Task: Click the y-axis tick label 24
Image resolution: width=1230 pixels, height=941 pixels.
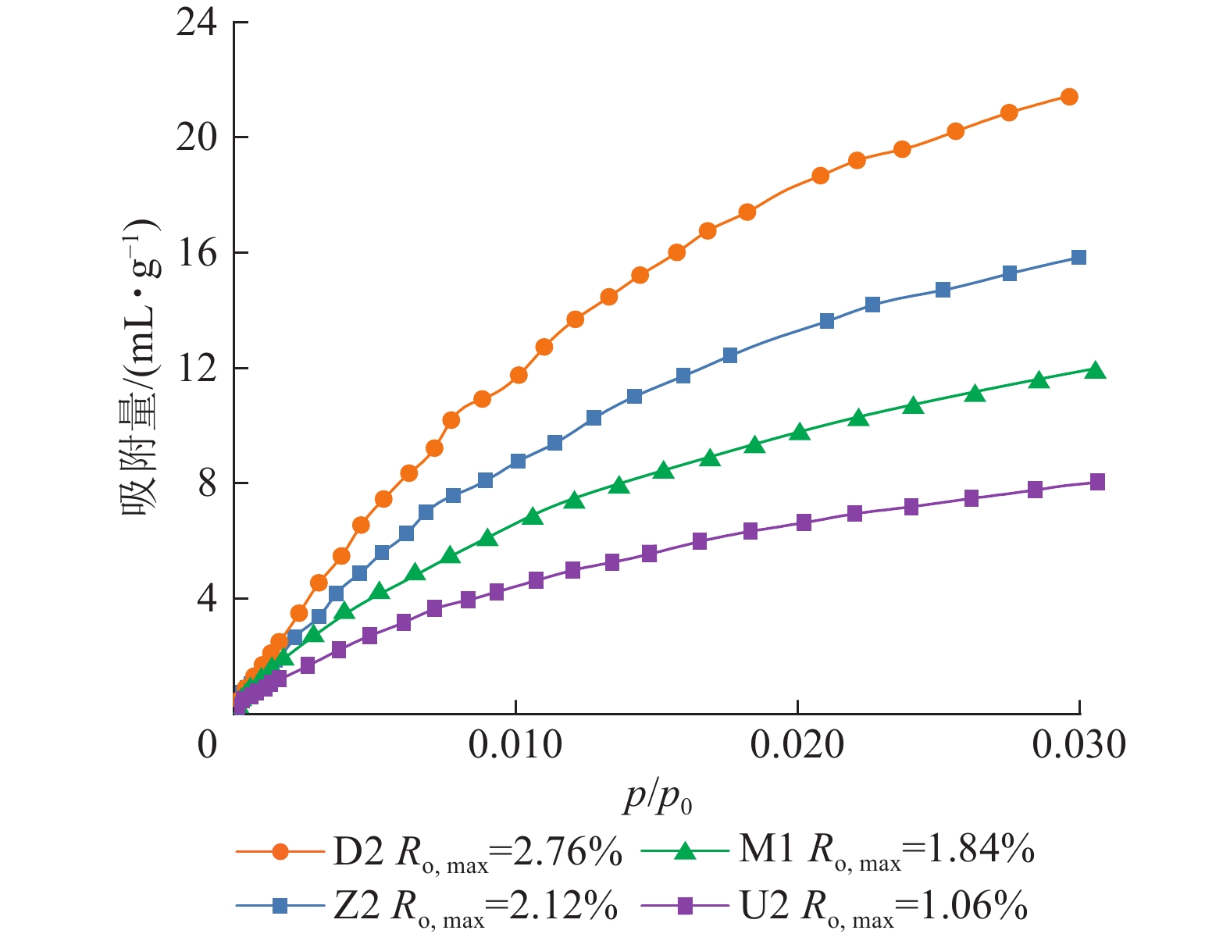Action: [x=198, y=23]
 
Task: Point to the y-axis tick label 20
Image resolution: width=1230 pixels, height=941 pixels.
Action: [x=198, y=138]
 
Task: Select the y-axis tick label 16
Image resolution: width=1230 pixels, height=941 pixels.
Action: [x=198, y=254]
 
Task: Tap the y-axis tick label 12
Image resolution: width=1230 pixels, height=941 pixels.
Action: [x=198, y=369]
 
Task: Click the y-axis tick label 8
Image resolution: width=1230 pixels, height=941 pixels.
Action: [x=207, y=484]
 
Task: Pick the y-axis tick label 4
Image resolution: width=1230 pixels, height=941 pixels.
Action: [x=207, y=600]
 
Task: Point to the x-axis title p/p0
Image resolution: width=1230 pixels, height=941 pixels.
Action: [x=658, y=798]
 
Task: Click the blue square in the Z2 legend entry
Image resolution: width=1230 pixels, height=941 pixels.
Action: [x=280, y=906]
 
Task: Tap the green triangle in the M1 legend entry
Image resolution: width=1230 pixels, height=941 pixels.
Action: [x=685, y=851]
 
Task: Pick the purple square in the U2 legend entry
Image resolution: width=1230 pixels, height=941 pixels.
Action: [x=685, y=906]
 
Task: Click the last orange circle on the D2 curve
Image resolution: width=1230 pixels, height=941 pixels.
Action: [x=1069, y=97]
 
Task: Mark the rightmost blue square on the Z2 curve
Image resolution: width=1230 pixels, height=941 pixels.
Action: [x=1078, y=258]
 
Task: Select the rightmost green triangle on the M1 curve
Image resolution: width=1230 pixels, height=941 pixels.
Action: [x=1096, y=370]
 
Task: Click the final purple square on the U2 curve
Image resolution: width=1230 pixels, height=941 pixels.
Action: [x=1096, y=482]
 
